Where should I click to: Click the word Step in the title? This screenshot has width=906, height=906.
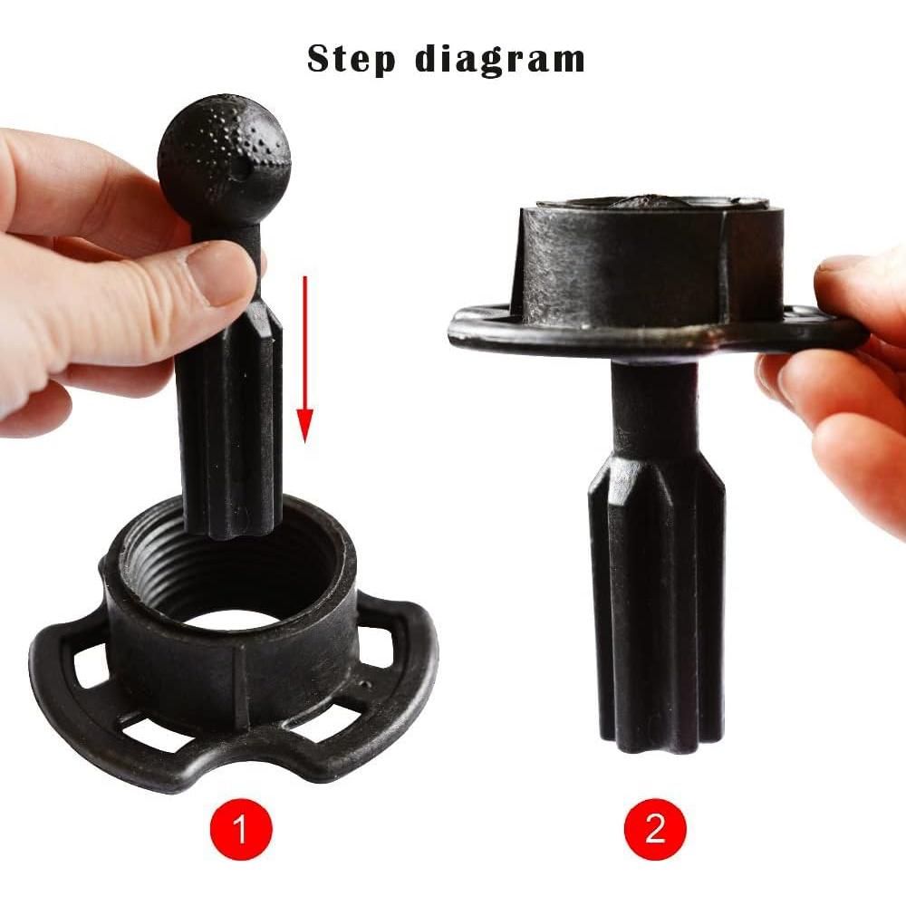(x=352, y=60)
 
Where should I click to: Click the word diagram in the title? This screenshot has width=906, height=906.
(x=500, y=60)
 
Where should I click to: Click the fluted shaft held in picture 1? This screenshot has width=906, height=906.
(x=231, y=417)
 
